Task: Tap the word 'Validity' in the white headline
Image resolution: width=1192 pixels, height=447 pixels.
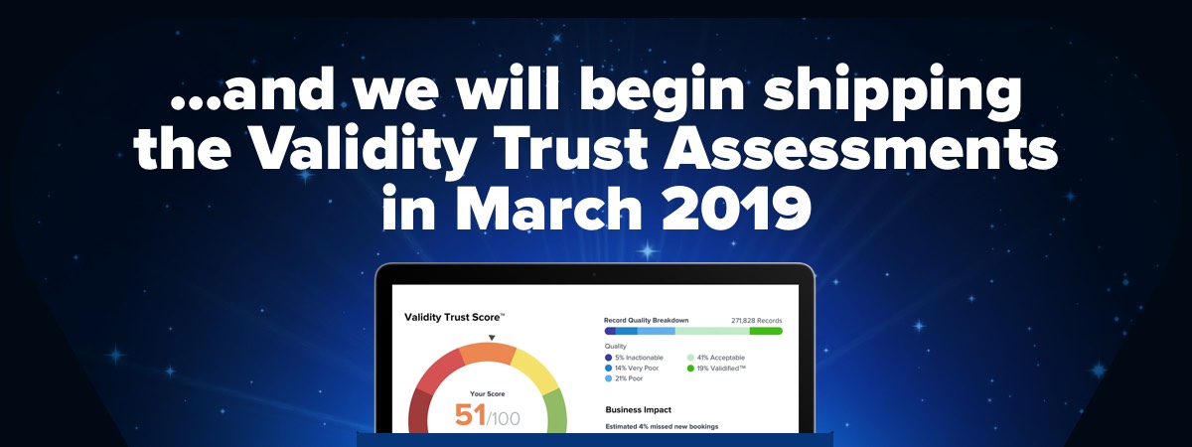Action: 362,150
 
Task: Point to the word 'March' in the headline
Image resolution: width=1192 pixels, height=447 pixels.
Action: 548,207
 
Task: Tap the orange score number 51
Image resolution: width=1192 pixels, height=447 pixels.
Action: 471,415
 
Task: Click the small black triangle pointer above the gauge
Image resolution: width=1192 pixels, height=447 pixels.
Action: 492,338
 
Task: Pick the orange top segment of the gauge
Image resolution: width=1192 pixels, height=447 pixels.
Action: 488,354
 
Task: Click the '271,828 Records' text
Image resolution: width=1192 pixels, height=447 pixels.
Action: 756,321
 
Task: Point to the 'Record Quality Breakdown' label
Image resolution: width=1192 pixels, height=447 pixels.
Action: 646,320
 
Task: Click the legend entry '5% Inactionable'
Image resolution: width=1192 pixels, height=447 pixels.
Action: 634,358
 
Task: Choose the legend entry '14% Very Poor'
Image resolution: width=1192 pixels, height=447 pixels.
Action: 632,368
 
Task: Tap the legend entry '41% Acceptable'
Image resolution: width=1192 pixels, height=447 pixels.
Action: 716,358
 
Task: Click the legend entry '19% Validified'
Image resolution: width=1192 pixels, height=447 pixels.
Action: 716,368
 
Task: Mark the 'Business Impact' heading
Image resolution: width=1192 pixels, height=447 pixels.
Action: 638,409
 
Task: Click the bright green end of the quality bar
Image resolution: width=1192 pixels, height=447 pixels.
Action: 766,331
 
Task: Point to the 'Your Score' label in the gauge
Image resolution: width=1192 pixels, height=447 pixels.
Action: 488,393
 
